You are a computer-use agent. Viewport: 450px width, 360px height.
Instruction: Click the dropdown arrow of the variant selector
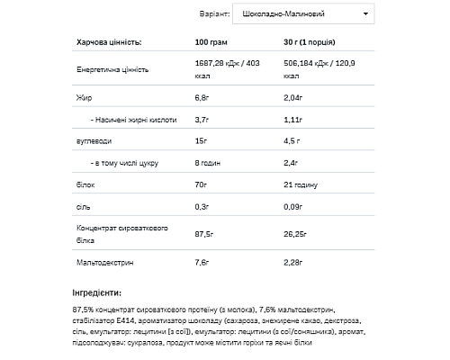point(365,14)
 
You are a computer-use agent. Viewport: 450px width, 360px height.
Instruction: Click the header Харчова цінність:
point(109,42)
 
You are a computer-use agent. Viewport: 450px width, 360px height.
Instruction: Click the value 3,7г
point(203,119)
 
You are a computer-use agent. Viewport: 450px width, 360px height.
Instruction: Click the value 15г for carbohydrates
point(202,141)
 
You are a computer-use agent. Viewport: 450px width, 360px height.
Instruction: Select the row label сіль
point(83,208)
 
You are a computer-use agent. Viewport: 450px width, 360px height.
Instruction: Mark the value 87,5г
point(205,236)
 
